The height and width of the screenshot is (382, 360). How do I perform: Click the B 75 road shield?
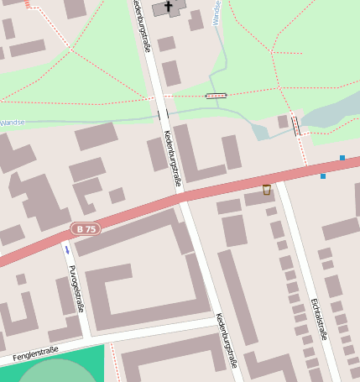[x=85, y=228]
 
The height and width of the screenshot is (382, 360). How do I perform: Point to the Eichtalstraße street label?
[x=318, y=319]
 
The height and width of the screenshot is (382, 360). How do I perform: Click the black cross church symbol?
[x=169, y=8]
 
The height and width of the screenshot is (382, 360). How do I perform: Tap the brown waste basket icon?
[x=267, y=190]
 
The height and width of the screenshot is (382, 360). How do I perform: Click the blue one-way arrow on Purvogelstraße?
[x=67, y=249]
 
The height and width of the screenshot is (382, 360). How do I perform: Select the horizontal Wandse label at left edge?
[x=12, y=123]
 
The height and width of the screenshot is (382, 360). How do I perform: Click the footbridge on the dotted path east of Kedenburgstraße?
[x=216, y=96]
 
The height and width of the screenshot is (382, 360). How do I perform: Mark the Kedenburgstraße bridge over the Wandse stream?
[x=163, y=113]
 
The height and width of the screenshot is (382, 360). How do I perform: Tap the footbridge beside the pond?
[x=295, y=126]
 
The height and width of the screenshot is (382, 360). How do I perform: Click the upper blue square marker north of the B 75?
[x=342, y=158]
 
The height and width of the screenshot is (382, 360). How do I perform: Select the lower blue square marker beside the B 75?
[x=323, y=176]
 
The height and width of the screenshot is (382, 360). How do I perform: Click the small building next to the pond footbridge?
[x=283, y=122]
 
